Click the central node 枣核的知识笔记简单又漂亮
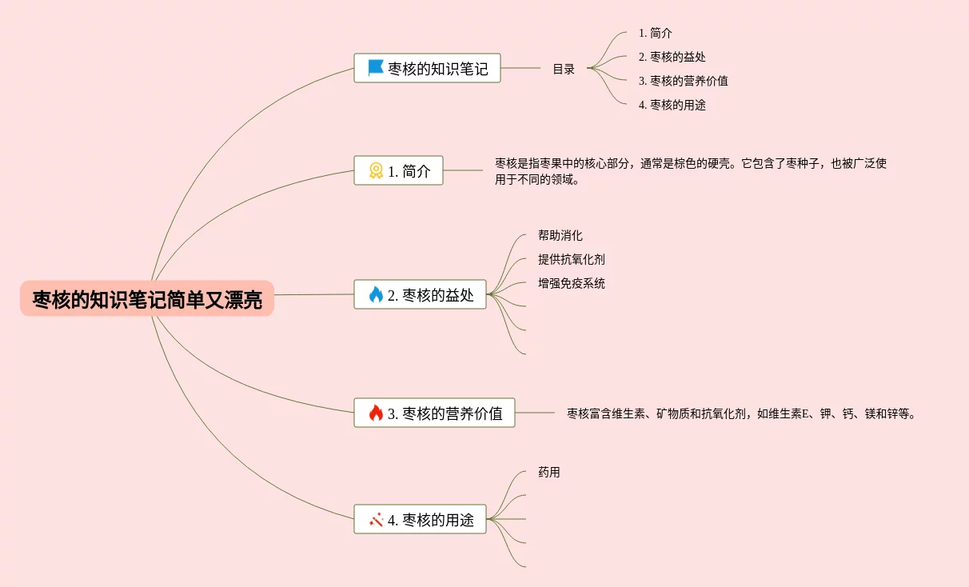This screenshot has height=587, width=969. click(x=147, y=299)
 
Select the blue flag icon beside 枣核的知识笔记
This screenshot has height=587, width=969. click(x=376, y=68)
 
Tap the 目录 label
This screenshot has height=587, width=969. click(x=564, y=70)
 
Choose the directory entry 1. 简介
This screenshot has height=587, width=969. click(x=655, y=34)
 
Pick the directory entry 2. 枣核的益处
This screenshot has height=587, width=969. click(x=672, y=57)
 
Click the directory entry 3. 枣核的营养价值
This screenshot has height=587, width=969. click(x=683, y=81)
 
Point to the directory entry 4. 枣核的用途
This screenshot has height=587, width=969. click(x=672, y=105)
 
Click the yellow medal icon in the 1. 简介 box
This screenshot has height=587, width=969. click(x=376, y=170)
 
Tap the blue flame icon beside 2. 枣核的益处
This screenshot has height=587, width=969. click(x=376, y=294)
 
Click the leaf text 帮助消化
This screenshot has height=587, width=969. click(x=560, y=236)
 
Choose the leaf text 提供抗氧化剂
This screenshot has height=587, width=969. click(x=572, y=260)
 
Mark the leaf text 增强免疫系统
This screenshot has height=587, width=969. click(x=572, y=284)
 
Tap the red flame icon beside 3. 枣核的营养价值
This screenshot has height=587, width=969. click(x=376, y=413)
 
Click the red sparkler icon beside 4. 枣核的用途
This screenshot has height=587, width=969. click(x=376, y=519)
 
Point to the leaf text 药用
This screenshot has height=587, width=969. click(x=549, y=473)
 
